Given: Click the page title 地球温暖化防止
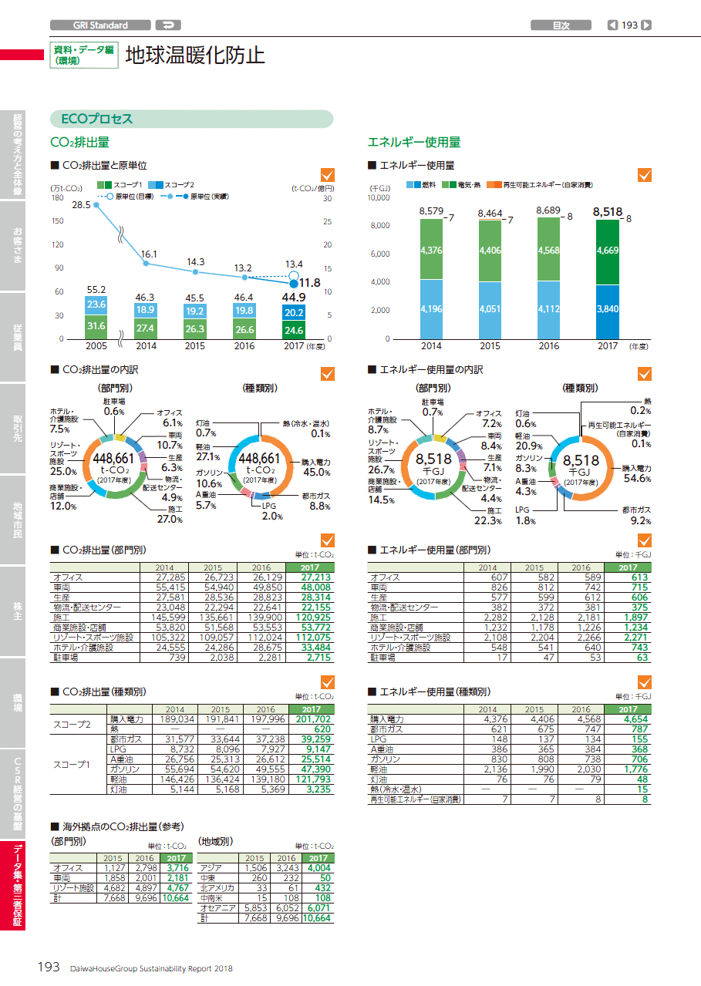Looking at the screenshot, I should (195, 56).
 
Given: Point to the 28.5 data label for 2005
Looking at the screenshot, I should (81, 205).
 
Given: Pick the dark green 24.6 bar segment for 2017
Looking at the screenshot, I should (293, 330).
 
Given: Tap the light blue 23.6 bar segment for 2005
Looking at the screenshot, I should (96, 305).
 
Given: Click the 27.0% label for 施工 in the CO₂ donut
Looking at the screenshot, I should (170, 520).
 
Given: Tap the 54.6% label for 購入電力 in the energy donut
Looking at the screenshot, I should (637, 478).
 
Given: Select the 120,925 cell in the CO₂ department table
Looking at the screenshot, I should (311, 618).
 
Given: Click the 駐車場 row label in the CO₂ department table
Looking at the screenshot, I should (66, 658).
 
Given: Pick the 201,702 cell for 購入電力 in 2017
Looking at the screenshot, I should (311, 718).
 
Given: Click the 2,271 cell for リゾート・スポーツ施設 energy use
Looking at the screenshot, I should (629, 638).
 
